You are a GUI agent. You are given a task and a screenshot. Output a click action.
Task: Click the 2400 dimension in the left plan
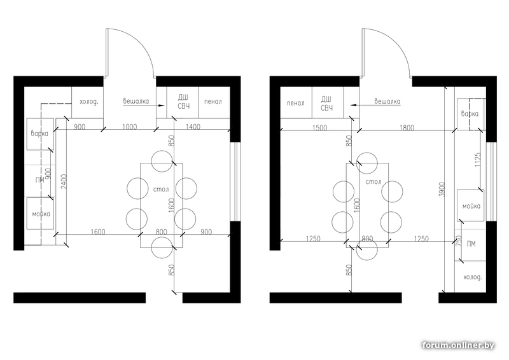64,182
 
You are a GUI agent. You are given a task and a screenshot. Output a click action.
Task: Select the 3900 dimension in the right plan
442,190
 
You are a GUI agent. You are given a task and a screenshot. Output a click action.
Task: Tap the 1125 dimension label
478,160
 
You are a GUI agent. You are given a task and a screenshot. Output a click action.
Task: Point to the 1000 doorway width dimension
130,127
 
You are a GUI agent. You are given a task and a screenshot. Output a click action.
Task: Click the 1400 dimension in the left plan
193,127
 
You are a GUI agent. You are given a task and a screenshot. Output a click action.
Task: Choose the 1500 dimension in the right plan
320,128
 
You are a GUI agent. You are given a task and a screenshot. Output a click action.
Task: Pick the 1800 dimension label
407,128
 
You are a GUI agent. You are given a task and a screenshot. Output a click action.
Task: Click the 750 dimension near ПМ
459,240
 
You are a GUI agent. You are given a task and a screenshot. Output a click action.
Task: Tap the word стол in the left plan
161,189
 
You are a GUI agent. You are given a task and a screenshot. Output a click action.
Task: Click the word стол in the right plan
373,182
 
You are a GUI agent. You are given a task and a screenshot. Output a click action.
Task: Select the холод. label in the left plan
89,102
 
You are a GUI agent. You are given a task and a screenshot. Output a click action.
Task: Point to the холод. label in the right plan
473,277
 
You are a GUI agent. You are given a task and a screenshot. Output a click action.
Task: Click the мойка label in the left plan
41,214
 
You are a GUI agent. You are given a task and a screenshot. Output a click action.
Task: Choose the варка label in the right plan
470,114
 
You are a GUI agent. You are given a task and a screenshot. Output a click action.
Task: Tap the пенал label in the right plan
296,103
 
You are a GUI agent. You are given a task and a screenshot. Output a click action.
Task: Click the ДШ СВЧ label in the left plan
184,102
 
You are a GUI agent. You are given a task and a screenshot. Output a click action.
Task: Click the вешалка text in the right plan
387,101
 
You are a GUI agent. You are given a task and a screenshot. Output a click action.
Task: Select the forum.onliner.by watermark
458,345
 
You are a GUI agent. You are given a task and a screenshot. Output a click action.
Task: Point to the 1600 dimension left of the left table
98,232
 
